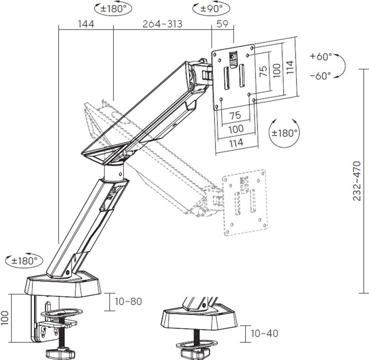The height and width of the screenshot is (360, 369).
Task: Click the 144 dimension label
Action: pos(86,24)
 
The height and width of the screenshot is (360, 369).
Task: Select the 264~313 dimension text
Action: pos(163,24)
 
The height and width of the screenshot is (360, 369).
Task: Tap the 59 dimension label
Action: pos(222,24)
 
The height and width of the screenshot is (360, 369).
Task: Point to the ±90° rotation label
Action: pos(211,9)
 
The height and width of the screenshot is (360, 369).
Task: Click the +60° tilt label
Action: pos(321,56)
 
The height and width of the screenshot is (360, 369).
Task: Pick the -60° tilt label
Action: pos(320,76)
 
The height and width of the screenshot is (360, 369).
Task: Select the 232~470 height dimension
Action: pos(357,181)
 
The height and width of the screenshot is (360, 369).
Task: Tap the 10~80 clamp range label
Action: pos(129,301)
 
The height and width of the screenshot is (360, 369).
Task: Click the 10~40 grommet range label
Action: pos(265,333)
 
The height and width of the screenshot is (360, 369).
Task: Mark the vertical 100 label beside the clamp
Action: pos(5,318)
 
